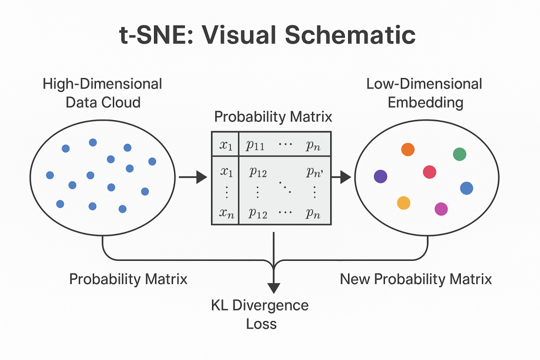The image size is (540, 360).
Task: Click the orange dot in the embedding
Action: click(408, 149)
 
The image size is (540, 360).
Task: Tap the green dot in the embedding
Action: click(459, 154)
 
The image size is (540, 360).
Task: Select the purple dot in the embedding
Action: click(380, 177)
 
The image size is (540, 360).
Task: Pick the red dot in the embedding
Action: click(430, 172)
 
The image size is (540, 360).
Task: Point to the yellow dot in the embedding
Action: click(403, 203)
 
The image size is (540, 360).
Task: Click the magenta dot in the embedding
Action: click(441, 209)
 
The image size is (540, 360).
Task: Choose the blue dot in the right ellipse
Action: click(466, 188)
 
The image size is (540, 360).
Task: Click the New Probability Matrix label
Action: click(416, 279)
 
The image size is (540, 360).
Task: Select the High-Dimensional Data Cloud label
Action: click(103, 92)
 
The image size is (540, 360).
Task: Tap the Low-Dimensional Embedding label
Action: click(425, 92)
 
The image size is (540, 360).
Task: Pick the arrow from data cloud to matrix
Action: click(193, 178)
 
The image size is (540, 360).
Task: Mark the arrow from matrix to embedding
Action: click(342, 178)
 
